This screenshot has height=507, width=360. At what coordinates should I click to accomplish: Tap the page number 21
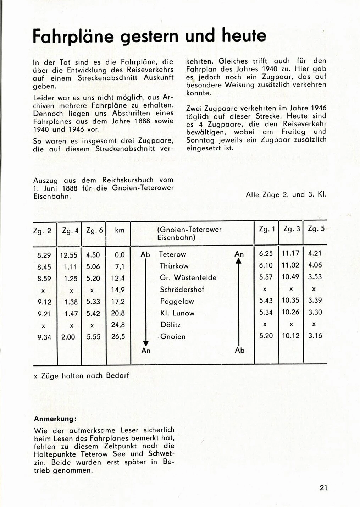coord(323,488)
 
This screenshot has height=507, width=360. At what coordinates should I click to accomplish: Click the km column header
coord(120,230)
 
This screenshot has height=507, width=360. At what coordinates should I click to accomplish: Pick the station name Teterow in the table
coord(172,254)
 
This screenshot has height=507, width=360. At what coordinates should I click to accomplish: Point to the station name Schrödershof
coord(182,290)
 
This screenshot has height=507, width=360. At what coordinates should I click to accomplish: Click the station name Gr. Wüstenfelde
coord(188,278)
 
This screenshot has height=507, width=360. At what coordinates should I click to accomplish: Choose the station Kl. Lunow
coord(177,313)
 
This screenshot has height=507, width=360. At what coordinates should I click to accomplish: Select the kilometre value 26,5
coord(118,337)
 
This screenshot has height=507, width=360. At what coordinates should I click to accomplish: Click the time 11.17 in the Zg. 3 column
coord(290,253)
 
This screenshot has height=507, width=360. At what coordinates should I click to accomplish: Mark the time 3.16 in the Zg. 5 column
coord(315,335)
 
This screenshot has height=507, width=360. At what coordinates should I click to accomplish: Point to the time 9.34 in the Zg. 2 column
coord(44,337)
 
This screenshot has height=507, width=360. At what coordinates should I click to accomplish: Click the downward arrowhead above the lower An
coord(145,343)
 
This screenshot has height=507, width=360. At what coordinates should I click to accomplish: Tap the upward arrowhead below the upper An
coord(239,261)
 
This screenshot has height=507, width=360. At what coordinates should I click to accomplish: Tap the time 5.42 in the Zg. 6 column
coord(94,313)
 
